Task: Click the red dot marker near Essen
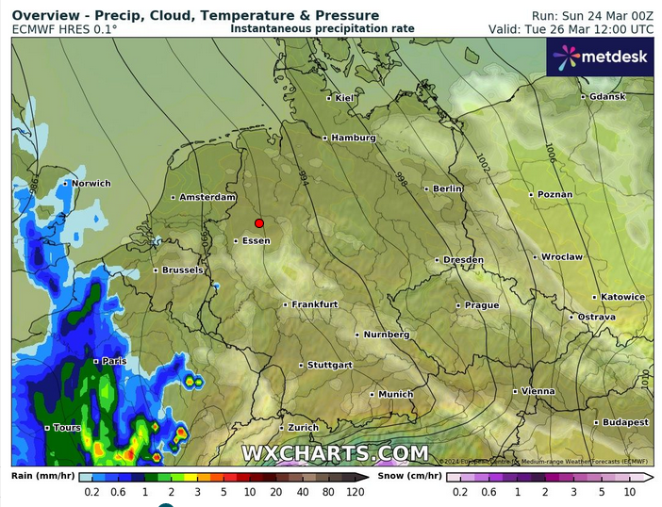pyautogui.click(x=258, y=223)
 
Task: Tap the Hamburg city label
pyautogui.click(x=354, y=138)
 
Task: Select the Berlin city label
pyautogui.click(x=448, y=188)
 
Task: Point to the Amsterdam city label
pyautogui.click(x=207, y=197)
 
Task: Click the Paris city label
pyautogui.click(x=114, y=361)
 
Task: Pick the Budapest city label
pyautogui.click(x=626, y=422)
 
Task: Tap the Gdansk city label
pyautogui.click(x=606, y=96)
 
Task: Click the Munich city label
pyautogui.click(x=396, y=394)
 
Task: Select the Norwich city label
pyautogui.click(x=91, y=183)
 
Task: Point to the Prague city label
pyautogui.click(x=482, y=305)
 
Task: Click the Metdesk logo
pyautogui.click(x=601, y=57)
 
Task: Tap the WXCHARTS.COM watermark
pyautogui.click(x=335, y=453)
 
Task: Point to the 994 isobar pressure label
pyautogui.click(x=303, y=176)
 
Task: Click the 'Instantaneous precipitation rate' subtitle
pyautogui.click(x=323, y=29)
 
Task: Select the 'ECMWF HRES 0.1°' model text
pyautogui.click(x=65, y=29)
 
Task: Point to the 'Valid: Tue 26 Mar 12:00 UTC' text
pyautogui.click(x=571, y=29)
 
